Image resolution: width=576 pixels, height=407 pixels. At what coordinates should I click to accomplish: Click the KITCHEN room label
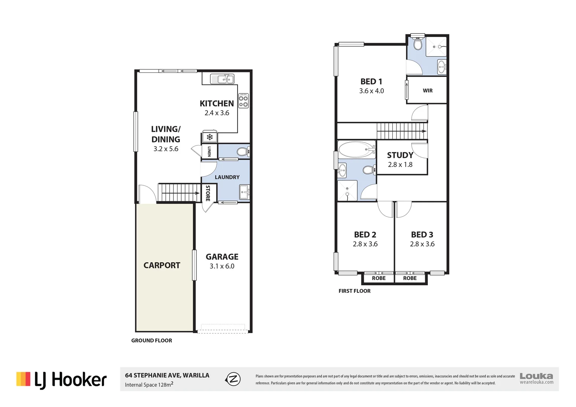click(216, 104)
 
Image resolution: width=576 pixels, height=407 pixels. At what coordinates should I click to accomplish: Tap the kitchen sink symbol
click(222, 79)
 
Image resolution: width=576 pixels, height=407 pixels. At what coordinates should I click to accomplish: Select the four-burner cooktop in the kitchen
click(244, 101)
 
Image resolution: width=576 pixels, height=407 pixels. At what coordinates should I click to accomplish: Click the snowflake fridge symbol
click(210, 137)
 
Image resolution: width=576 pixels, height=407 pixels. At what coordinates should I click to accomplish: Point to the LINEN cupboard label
click(209, 151)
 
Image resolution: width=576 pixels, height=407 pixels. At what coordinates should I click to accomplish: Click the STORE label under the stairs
click(208, 193)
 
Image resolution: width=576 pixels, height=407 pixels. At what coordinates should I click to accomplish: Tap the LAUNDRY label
click(227, 177)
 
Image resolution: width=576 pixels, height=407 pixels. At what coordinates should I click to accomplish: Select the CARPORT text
click(162, 265)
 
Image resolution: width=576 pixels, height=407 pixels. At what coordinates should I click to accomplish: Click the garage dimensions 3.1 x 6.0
click(222, 266)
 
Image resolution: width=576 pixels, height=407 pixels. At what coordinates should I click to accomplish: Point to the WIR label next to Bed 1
click(427, 91)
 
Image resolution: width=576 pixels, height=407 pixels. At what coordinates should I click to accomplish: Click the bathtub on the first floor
click(356, 150)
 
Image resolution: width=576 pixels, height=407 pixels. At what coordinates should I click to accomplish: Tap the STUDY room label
click(400, 155)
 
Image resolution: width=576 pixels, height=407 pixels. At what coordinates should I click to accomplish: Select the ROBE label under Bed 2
click(378, 278)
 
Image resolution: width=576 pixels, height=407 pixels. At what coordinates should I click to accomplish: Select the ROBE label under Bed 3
click(410, 278)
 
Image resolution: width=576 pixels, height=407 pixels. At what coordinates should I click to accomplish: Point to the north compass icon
click(233, 379)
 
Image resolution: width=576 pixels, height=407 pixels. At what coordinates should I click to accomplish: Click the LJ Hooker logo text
click(70, 380)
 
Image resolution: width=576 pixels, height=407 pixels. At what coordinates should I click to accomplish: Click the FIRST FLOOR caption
click(354, 291)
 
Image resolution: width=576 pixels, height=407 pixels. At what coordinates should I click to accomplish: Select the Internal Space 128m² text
click(149, 385)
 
